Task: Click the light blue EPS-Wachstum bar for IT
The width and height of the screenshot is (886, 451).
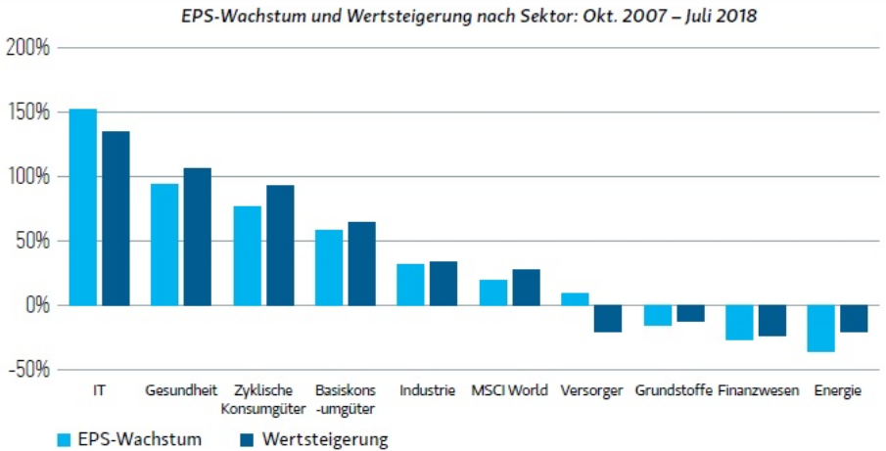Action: [83, 206]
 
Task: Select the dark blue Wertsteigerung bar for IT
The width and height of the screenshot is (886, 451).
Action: [116, 218]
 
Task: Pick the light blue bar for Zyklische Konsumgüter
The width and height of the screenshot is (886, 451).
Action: [247, 255]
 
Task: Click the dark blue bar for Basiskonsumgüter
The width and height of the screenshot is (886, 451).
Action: [361, 263]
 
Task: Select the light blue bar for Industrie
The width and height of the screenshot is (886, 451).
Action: [410, 285]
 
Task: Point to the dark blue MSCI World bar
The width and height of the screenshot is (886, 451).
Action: [526, 288]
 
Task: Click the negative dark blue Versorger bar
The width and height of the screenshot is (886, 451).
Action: [608, 319]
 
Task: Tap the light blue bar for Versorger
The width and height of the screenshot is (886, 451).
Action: [575, 299]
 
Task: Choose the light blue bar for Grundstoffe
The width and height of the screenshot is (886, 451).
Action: [657, 315]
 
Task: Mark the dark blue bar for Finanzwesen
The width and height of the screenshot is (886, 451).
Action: [771, 321]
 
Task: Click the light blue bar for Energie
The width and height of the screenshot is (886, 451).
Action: [820, 329]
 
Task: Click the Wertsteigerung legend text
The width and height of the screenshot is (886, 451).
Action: [325, 439]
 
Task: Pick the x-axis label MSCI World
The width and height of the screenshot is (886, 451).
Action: [509, 390]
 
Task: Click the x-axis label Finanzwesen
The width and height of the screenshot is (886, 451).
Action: [755, 390]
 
